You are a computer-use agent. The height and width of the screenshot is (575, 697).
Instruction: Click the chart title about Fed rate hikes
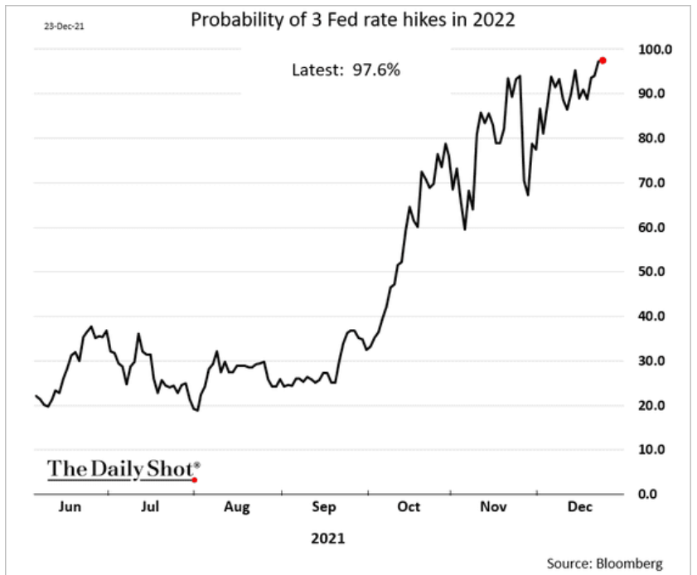tap(353, 19)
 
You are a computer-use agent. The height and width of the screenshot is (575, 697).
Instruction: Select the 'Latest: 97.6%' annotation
tap(346, 70)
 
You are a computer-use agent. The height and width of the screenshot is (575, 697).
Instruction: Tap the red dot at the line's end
tap(603, 60)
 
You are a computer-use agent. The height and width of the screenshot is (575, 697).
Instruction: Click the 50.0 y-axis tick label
tap(652, 272)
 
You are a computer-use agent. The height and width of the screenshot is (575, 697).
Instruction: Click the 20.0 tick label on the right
tap(652, 405)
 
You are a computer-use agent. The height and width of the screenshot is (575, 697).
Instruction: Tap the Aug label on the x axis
tap(237, 506)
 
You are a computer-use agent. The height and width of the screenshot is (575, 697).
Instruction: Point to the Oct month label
tap(409, 506)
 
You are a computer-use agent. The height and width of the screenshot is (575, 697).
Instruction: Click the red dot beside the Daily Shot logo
tap(195, 480)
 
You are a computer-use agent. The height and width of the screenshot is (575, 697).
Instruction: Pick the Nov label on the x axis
tap(492, 506)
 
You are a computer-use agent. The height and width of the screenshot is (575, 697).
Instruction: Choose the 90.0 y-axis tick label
tap(652, 94)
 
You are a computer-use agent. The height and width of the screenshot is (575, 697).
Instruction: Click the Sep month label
tap(323, 506)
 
